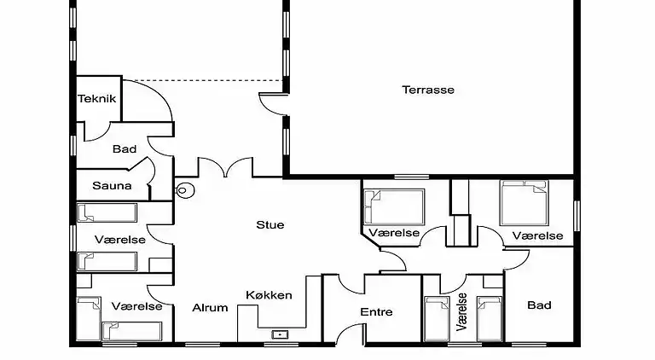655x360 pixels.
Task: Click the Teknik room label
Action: pyautogui.click(x=96, y=98)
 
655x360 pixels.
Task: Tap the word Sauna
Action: pyautogui.click(x=112, y=185)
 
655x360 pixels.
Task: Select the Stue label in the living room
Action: pyautogui.click(x=270, y=225)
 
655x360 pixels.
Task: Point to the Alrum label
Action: pyautogui.click(x=210, y=308)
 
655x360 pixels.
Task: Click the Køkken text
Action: pyautogui.click(x=269, y=295)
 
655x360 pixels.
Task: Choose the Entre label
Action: pyautogui.click(x=376, y=312)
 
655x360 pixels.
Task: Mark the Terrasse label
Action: pyautogui.click(x=428, y=90)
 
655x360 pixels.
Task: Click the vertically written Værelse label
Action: pyautogui.click(x=462, y=311)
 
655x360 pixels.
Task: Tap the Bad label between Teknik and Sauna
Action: pyautogui.click(x=125, y=149)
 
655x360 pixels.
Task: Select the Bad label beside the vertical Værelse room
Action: pyautogui.click(x=539, y=305)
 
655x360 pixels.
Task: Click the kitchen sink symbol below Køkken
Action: pyautogui.click(x=278, y=334)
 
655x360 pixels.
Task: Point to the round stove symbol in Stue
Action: pyautogui.click(x=183, y=190)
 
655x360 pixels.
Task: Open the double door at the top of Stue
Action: pyautogui.click(x=225, y=166)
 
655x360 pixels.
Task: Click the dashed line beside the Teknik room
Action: pyautogui.click(x=205, y=82)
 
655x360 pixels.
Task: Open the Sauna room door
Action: pyautogui.click(x=148, y=175)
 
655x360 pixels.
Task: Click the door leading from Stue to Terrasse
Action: pyautogui.click(x=275, y=104)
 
